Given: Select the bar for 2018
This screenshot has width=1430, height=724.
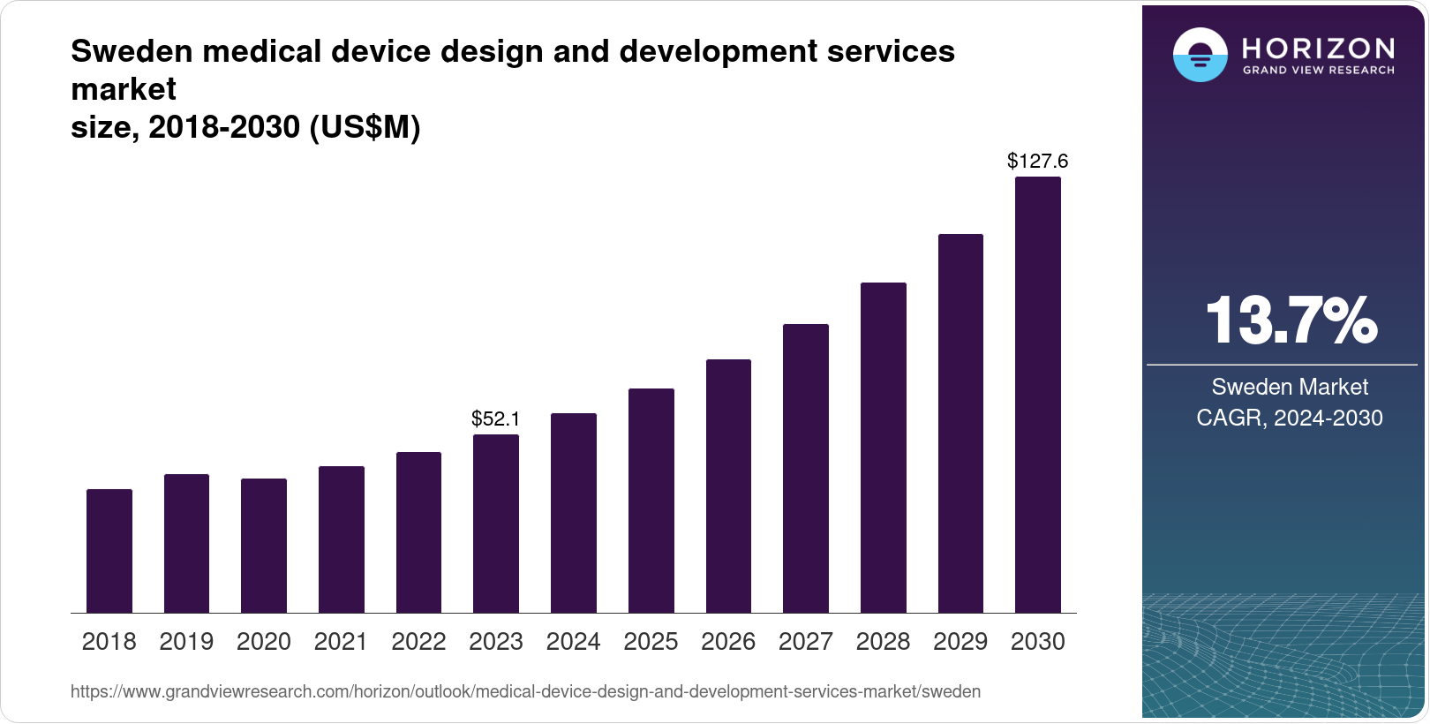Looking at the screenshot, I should [x=109, y=551].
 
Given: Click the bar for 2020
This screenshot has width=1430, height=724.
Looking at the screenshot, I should [x=264, y=546].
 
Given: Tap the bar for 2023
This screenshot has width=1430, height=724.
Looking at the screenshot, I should [x=496, y=524].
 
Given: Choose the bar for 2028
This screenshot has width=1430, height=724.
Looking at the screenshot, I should [x=883, y=448].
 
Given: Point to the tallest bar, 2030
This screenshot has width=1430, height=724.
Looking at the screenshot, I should [x=1038, y=395].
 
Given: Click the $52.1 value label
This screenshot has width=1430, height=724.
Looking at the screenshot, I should [x=496, y=419].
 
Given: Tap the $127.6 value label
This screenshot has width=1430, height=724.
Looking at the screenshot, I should [x=1038, y=161].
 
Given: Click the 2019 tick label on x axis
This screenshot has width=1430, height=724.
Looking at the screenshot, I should [x=186, y=642].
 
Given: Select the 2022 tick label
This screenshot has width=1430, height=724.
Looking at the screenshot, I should [x=418, y=642].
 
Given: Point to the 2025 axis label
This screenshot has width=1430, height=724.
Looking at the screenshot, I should [x=651, y=642].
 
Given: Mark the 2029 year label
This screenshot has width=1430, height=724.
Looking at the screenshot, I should [x=960, y=642].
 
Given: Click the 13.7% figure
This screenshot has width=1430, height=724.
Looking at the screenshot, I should [x=1290, y=321].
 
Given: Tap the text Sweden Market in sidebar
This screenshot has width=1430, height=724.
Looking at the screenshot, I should [x=1290, y=387].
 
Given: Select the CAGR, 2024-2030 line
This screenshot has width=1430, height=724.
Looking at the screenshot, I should [x=1290, y=418].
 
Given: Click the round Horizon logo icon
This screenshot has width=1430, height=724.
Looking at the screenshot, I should [x=1200, y=55].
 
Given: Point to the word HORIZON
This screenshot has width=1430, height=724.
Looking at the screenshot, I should [x=1318, y=48].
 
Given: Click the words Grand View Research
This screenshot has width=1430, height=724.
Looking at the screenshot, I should [x=1318, y=70].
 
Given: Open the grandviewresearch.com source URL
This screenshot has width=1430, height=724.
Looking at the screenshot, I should [x=525, y=691].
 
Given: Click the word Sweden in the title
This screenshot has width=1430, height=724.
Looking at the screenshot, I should [x=132, y=51].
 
